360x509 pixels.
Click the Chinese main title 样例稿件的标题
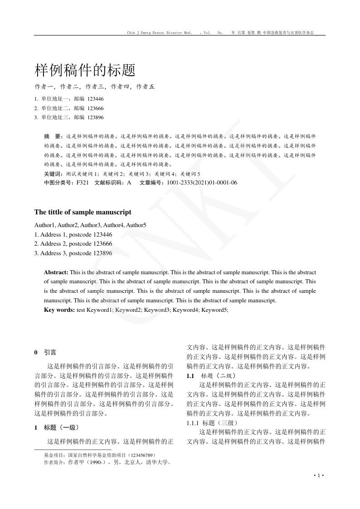tap(85, 71)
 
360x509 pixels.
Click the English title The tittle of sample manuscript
tap(83, 212)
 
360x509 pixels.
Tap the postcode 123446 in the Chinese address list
tap(95, 98)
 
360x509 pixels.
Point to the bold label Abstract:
tap(56, 272)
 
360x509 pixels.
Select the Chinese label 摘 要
tap(53, 136)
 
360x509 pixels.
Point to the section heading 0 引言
tap(45, 352)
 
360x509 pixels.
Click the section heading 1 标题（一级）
tap(57, 427)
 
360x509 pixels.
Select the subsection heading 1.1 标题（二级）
tap(211, 376)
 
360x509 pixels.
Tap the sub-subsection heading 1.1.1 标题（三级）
tap(211, 423)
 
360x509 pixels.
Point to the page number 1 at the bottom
tap(319, 475)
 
